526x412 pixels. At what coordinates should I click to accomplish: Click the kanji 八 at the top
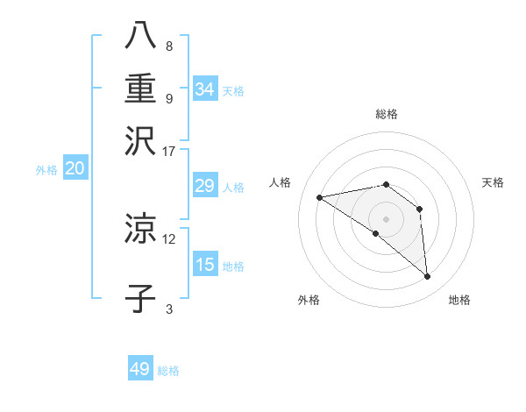tap(140, 34)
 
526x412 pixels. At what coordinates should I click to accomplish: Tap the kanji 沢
tap(140, 140)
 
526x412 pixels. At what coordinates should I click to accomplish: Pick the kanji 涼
tap(140, 230)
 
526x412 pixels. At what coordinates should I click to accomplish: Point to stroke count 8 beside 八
tap(169, 46)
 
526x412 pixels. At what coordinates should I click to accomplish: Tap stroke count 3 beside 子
tap(169, 309)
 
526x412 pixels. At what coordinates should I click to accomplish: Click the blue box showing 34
tap(205, 89)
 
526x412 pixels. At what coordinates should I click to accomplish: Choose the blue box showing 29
tap(205, 186)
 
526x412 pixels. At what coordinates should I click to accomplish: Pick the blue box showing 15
tap(205, 265)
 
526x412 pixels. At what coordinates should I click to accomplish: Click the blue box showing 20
tap(75, 169)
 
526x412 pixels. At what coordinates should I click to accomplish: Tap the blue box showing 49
tap(140, 369)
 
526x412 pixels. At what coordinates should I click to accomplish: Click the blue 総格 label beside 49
tap(168, 371)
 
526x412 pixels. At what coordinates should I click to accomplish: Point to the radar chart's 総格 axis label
tap(387, 114)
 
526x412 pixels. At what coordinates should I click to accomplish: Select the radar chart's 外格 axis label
tap(309, 300)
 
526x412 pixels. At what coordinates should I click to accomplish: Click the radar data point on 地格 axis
tap(428, 277)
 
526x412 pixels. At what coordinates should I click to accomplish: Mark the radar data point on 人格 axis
tap(320, 197)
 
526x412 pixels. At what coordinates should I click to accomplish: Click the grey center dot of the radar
tap(386, 218)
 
